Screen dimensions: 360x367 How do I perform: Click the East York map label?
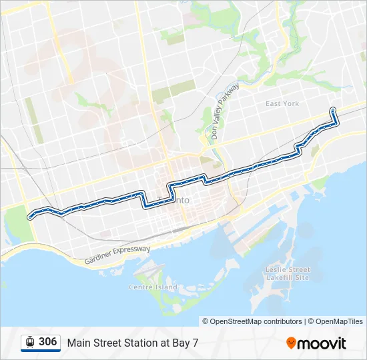[x=282, y=104]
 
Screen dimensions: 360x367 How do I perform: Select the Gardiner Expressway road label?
[x=117, y=255]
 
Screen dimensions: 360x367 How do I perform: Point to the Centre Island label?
[x=153, y=287]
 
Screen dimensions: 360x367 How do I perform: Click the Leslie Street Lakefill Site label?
[x=288, y=273]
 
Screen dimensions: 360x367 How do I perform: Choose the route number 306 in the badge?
[x=47, y=342]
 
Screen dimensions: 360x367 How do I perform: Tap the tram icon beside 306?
[x=30, y=343]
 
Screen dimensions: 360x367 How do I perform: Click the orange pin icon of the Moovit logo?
[x=292, y=343]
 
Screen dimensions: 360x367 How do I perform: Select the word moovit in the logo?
[x=322, y=343]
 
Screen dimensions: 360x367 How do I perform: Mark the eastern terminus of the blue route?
[x=332, y=109]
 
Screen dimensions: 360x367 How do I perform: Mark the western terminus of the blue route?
[x=29, y=216]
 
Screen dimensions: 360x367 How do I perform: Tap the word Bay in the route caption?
[x=179, y=343]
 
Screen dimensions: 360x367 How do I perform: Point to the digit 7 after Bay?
[x=195, y=343]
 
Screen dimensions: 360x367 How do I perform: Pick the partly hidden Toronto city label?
[x=180, y=201]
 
